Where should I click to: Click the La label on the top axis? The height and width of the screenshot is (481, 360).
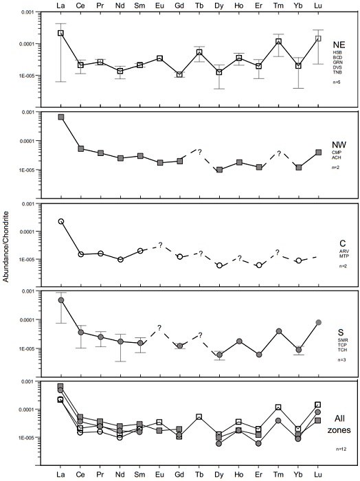(61, 6)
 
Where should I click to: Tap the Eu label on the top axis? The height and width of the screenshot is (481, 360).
(160, 6)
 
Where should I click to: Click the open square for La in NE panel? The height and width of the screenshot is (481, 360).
(61, 33)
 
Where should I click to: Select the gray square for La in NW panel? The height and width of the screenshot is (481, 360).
(61, 117)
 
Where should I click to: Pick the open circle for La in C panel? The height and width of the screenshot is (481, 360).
(61, 221)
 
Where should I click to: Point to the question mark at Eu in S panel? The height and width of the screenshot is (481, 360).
(159, 328)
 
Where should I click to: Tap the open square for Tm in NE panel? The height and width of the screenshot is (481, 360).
(279, 42)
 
